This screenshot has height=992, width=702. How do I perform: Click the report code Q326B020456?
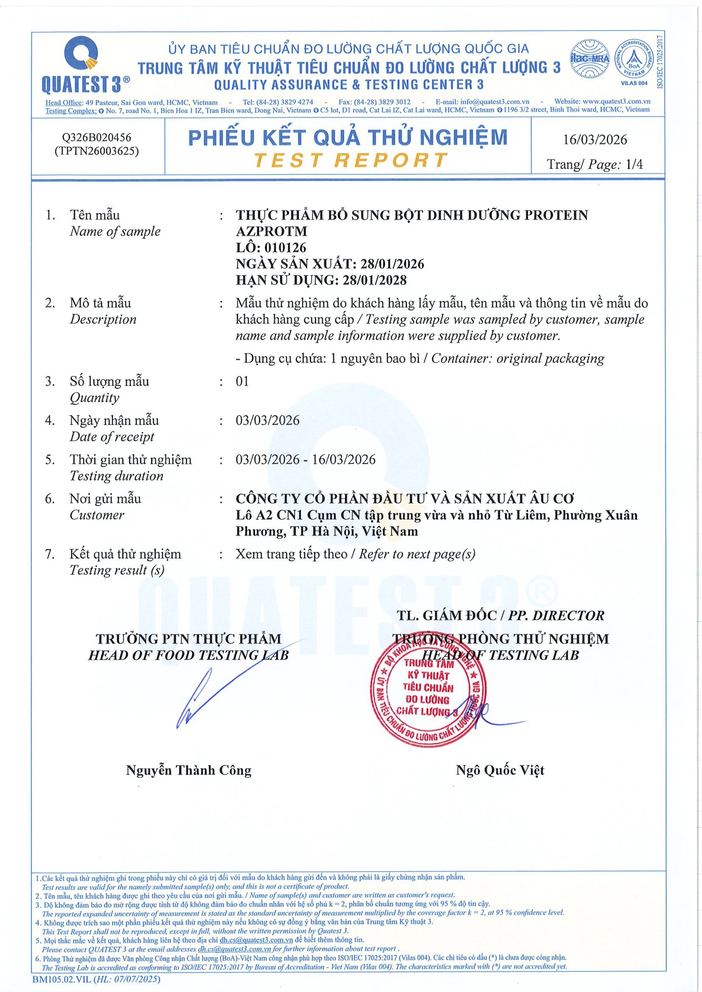96,137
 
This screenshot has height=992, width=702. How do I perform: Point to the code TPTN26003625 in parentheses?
96,151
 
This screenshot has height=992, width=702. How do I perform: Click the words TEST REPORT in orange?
350,160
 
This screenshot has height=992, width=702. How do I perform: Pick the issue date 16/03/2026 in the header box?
595,140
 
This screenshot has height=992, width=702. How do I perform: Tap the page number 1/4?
634,164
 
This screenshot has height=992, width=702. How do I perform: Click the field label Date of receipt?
112,437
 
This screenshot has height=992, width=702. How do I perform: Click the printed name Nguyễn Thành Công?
188,770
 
